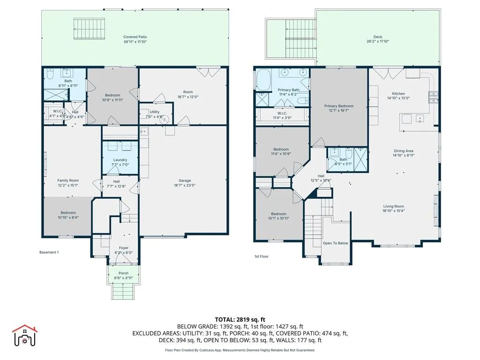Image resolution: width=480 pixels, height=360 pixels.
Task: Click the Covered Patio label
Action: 135,37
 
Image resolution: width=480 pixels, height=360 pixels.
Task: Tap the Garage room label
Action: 184,180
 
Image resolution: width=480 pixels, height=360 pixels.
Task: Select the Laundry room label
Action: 120,160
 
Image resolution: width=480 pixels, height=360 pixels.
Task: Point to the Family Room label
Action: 68,180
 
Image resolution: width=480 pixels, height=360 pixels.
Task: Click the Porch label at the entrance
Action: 123,273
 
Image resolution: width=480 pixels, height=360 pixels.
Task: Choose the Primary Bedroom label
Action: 339,106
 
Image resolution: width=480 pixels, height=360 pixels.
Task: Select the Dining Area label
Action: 403,151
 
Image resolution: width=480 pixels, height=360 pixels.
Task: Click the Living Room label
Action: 393,206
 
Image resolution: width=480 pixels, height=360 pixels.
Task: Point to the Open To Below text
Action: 335,243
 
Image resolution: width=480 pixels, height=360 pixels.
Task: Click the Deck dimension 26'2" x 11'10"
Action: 378,41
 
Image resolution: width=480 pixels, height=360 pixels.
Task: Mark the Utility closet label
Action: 155,113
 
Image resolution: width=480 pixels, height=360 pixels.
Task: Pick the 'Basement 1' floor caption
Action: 49,252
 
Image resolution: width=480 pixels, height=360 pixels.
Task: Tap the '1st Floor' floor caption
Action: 261,256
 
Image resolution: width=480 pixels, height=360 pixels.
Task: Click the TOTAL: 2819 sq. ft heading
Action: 240,319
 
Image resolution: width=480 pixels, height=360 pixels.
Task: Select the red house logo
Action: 24,335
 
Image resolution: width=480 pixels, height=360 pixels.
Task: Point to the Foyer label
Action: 123,248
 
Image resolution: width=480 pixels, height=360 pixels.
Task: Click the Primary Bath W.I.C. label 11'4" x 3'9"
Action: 282,115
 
